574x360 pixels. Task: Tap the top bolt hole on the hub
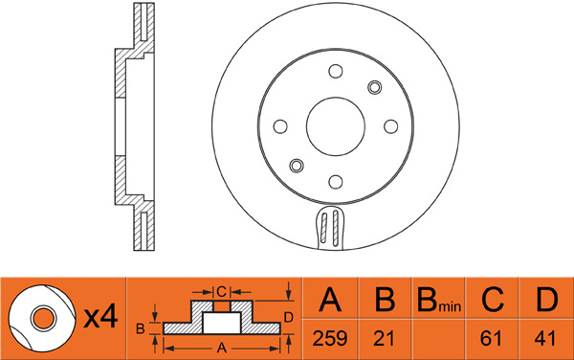point(335,70)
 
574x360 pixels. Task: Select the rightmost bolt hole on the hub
point(390,125)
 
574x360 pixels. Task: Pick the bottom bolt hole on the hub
point(335,181)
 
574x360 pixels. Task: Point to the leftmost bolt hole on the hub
point(279,125)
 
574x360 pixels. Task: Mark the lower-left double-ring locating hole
point(296,165)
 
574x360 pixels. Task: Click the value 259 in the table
point(330,338)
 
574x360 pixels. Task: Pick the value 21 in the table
point(385,338)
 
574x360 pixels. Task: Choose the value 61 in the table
point(493,338)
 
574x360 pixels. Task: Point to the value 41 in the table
point(546,338)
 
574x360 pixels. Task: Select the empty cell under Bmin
point(438,338)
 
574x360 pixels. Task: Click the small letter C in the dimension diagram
point(220,291)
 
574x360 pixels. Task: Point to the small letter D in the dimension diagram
point(288,317)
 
